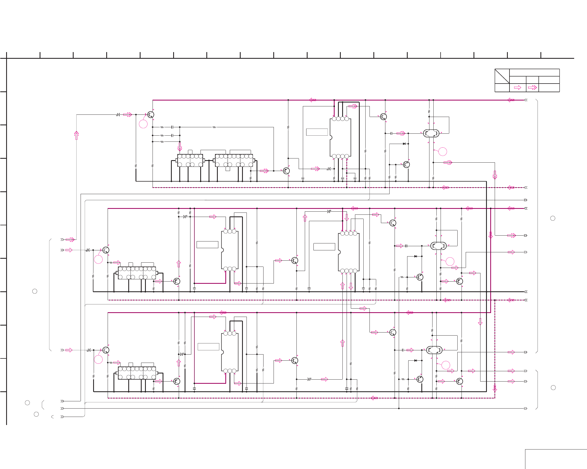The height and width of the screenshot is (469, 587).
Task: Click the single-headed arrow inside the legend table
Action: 518,87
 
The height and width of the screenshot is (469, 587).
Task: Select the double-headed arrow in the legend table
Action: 532,87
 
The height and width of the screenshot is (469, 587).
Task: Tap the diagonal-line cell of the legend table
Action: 502,76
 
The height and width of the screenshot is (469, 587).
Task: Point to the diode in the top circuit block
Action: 404,144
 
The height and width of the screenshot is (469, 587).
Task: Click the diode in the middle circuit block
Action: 416,256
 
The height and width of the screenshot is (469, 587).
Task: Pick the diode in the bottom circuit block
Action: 416,360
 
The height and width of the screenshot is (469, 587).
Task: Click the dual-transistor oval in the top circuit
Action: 431,133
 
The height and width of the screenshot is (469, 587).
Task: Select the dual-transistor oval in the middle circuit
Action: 438,246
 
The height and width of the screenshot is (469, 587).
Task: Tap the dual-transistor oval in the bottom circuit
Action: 434,350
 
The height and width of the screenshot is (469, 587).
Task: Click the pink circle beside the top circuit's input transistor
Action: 143,124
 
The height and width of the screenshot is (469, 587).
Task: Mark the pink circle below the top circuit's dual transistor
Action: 443,152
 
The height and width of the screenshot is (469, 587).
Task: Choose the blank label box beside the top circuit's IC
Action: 317,132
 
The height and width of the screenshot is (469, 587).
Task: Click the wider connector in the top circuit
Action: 234,160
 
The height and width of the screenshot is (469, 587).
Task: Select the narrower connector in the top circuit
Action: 190,160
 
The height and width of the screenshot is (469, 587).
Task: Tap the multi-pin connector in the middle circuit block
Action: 137,273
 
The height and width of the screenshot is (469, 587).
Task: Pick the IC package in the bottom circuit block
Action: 230,352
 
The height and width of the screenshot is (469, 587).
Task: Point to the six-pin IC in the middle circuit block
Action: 230,250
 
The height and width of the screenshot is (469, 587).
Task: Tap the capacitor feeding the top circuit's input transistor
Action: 119,114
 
